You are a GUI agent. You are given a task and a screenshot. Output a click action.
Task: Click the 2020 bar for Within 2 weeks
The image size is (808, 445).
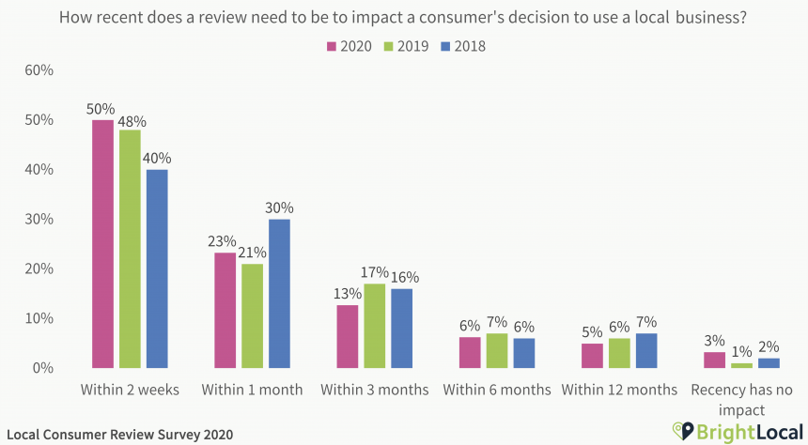(102, 244)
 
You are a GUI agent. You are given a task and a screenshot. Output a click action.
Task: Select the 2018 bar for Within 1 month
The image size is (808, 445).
(279, 293)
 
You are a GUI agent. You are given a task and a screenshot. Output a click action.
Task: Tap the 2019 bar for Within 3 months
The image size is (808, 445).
(374, 326)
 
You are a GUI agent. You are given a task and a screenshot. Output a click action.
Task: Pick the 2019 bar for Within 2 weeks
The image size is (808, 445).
(130, 249)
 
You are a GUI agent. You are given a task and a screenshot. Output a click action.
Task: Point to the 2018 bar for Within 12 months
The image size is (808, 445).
(646, 350)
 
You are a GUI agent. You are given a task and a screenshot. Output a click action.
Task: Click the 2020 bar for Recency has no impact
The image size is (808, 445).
(715, 360)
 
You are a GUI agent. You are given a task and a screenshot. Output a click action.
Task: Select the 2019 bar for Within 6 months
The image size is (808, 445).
(497, 350)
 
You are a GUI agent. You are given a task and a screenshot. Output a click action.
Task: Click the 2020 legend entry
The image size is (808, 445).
(349, 46)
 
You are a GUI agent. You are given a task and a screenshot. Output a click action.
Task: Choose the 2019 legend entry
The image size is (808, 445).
(405, 46)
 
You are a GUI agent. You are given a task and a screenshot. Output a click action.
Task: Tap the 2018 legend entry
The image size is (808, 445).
(459, 46)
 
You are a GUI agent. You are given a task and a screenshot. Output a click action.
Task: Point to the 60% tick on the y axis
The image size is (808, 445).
(39, 70)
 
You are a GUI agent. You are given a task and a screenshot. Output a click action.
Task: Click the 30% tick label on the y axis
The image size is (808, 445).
(39, 219)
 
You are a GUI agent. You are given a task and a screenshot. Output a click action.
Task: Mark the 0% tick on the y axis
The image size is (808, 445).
(43, 368)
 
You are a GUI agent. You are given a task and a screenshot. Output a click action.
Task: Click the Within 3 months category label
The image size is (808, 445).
(374, 389)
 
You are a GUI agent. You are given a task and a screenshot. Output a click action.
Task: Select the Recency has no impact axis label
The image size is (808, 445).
(741, 398)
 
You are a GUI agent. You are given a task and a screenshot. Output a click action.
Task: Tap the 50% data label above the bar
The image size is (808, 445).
(101, 108)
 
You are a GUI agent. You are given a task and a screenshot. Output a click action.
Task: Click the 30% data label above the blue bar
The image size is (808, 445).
(279, 207)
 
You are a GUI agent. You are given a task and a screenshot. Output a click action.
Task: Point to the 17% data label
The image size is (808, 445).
(375, 272)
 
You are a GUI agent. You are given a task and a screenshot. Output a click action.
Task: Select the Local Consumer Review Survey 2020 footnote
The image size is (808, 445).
(117, 435)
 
